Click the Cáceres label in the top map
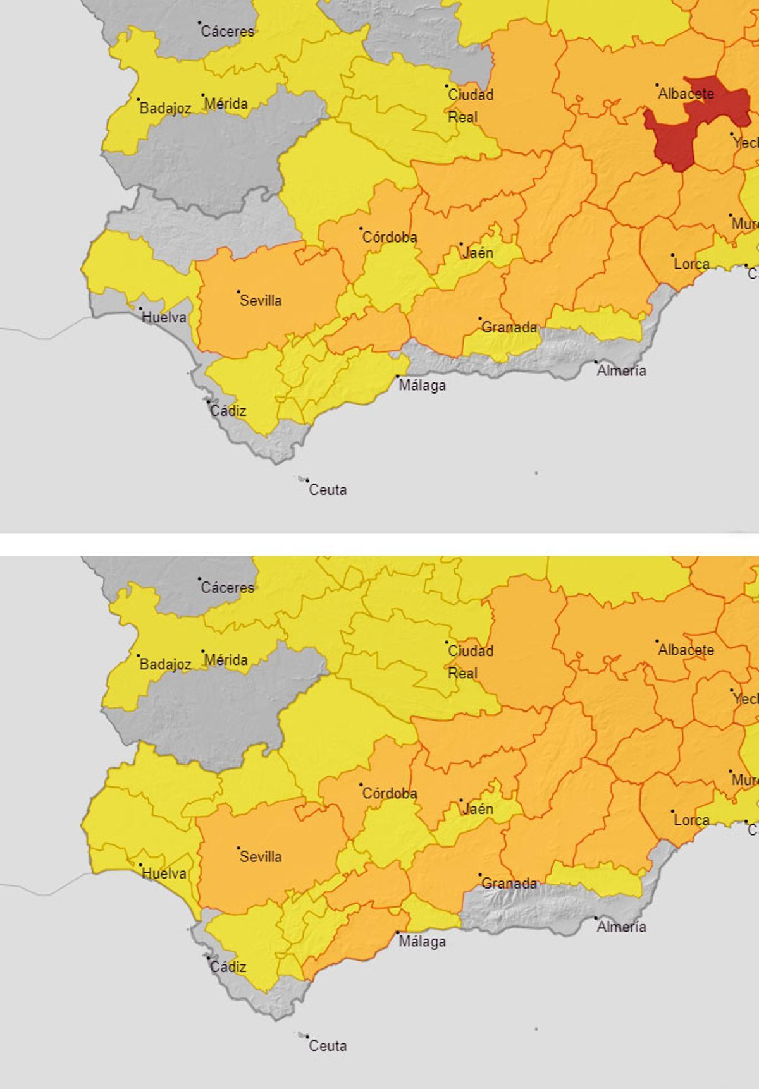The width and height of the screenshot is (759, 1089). click(228, 32)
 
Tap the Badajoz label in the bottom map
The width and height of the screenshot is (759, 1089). click(165, 664)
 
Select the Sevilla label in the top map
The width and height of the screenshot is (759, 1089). click(261, 301)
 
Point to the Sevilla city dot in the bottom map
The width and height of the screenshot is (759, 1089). click(238, 848)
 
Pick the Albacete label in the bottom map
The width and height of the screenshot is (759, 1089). click(686, 650)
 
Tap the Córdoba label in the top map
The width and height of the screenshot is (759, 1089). click(390, 238)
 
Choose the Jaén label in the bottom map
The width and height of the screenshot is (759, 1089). click(478, 809)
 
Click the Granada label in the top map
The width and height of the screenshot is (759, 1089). click(509, 327)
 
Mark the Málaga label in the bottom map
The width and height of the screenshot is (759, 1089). click(422, 942)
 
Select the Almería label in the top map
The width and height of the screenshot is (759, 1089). click(621, 371)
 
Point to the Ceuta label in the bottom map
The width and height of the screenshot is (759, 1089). click(328, 1046)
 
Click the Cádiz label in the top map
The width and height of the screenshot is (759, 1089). click(228, 411)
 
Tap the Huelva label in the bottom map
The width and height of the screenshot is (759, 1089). click(164, 873)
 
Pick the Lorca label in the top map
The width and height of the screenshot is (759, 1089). click(691, 264)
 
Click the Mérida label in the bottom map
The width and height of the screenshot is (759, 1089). click(226, 660)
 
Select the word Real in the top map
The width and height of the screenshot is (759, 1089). click(463, 118)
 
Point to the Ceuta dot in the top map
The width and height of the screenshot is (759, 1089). click(305, 480)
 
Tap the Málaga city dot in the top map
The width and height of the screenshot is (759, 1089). click(398, 377)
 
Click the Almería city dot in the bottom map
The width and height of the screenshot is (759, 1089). click(596, 918)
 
